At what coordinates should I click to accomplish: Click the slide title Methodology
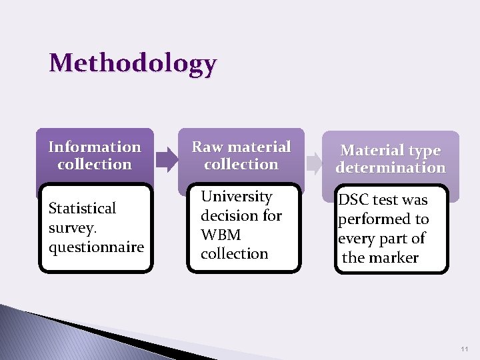[133, 63]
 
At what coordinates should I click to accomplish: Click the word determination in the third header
[391, 168]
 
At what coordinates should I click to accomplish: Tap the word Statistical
[83, 209]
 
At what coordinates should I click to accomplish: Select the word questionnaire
[97, 247]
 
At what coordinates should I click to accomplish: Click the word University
[237, 197]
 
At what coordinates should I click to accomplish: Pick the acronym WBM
[221, 235]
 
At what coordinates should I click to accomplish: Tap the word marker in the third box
[395, 258]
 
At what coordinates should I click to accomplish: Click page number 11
[463, 349]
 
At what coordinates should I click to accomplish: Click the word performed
[370, 219]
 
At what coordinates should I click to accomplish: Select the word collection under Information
[95, 164]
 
